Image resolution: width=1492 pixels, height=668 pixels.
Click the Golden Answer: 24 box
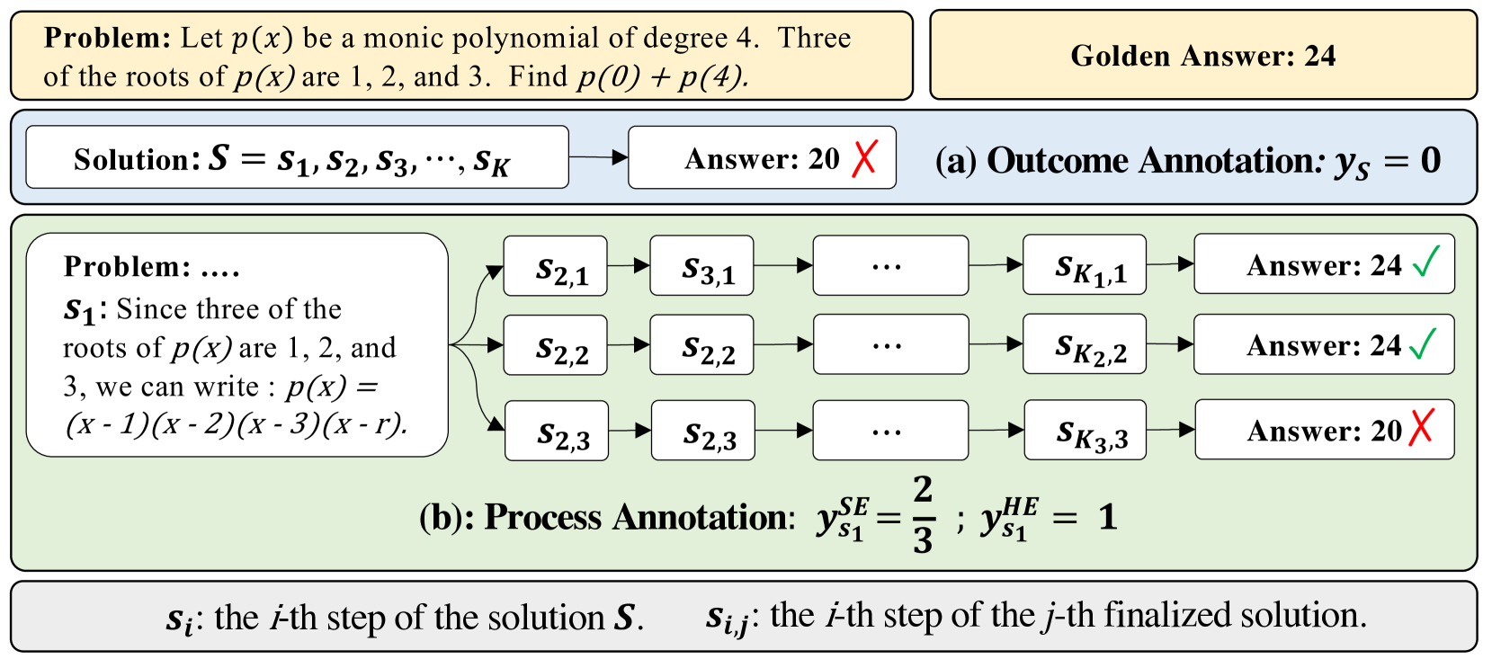coord(1202,56)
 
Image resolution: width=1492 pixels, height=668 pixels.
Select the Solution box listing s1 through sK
coord(297,158)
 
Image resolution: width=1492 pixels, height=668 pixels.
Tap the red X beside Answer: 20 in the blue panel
coord(864,159)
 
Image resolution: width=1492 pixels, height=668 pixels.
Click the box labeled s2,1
coord(556,266)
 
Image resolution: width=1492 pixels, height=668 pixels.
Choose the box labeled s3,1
coord(701,266)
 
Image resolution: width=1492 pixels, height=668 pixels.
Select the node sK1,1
coord(1084,266)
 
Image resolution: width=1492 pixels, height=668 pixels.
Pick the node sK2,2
coord(1084,345)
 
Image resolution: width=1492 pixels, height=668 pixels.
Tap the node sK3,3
coord(1085,431)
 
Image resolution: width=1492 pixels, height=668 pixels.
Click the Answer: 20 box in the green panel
coord(1323,431)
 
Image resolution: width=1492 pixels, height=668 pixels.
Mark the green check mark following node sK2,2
coord(1424,344)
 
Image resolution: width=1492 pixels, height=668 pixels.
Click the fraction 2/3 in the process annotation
coord(923,515)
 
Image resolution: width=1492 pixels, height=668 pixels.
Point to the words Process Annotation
coord(639,518)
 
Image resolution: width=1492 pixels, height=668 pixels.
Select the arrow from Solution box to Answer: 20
coord(598,158)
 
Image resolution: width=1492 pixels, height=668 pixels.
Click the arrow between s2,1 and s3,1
coord(629,266)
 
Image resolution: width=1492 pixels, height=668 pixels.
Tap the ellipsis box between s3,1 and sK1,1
coord(890,266)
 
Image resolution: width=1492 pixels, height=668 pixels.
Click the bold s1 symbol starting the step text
coord(79,311)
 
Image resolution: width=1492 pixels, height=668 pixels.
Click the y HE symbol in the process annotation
coord(1007,518)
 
